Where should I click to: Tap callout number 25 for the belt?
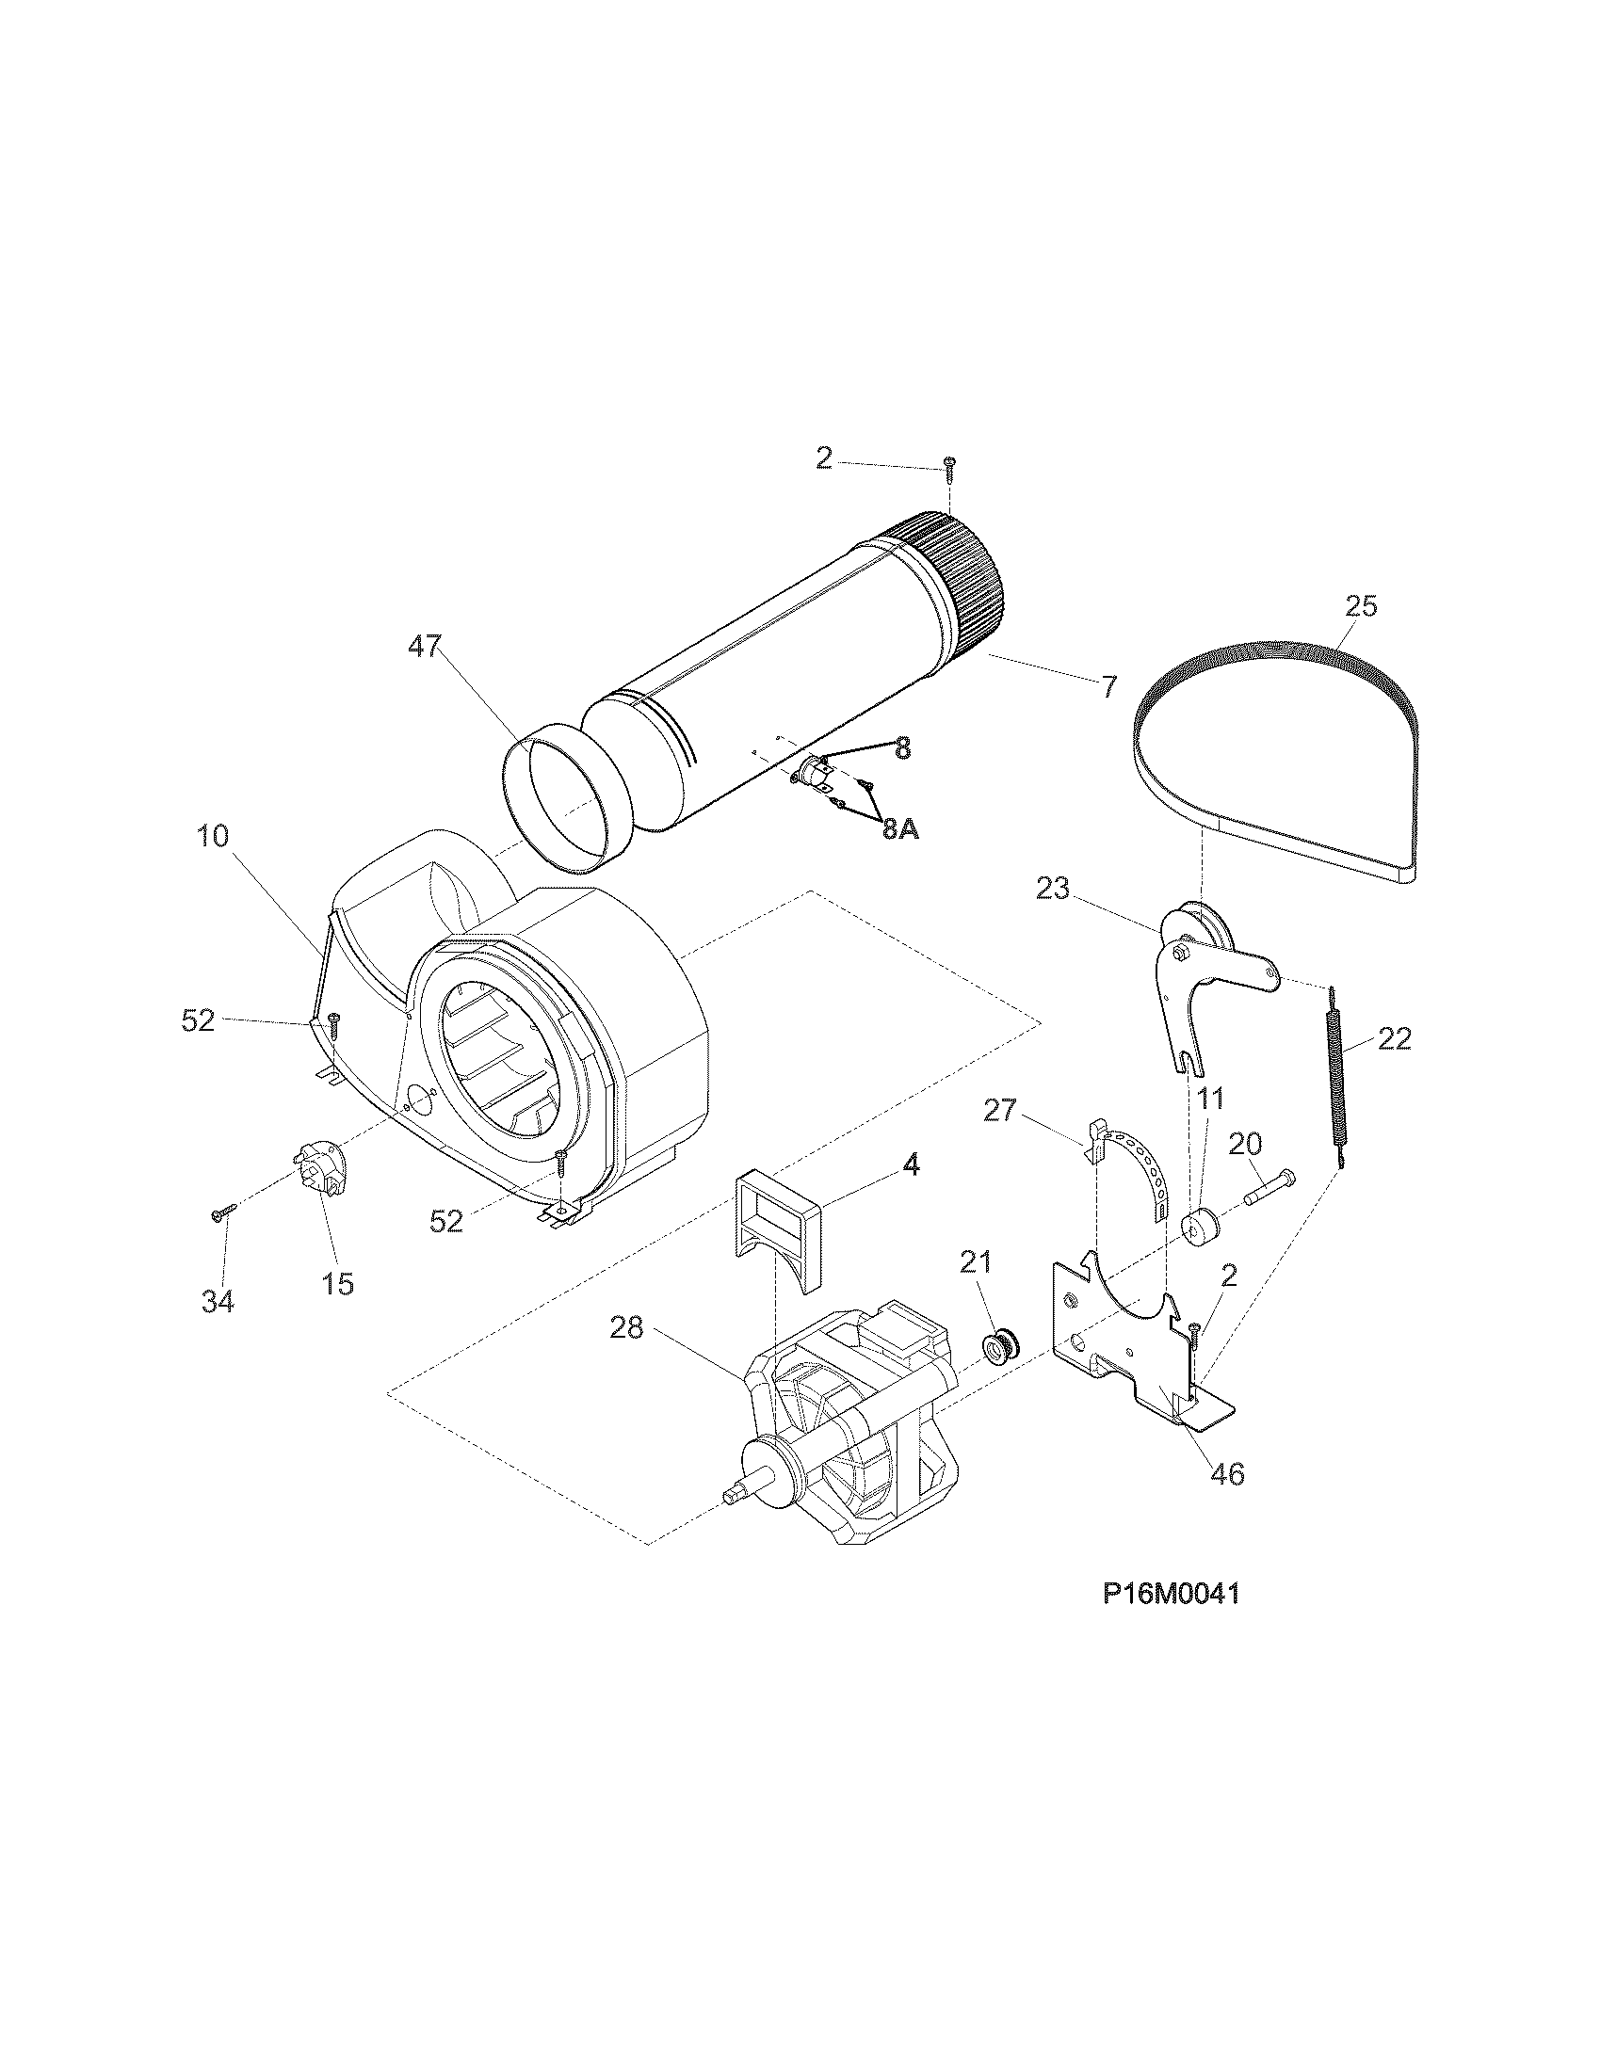coord(1360,605)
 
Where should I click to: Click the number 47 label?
coord(425,647)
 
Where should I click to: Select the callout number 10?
coord(214,836)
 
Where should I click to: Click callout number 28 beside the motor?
coord(626,1328)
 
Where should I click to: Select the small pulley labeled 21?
coord(995,1346)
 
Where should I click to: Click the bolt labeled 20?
coord(1269,1185)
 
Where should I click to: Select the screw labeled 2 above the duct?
coord(949,465)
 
